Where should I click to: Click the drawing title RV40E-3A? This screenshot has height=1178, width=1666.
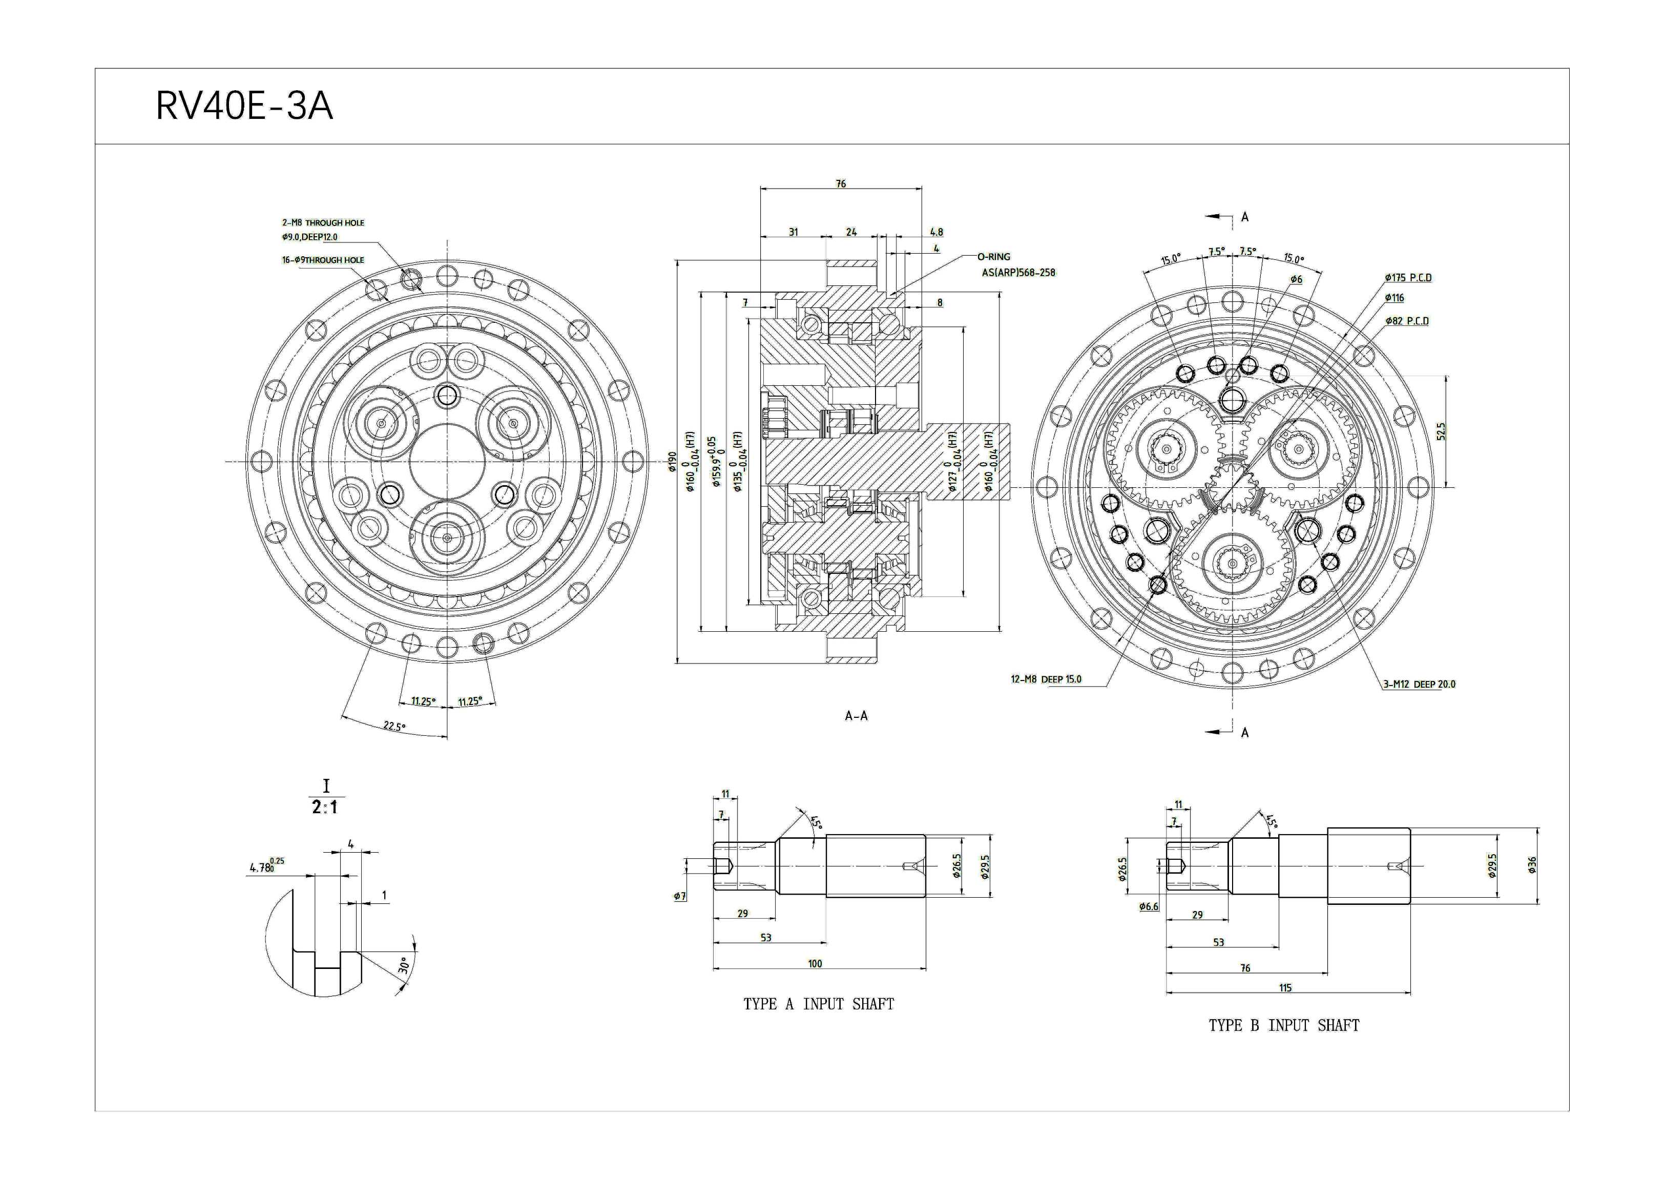[x=244, y=107]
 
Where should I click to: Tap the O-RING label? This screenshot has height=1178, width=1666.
[x=993, y=257]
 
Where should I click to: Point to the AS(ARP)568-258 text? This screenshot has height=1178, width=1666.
[x=1019, y=273]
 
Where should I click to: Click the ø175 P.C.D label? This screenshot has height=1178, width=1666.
[x=1408, y=278]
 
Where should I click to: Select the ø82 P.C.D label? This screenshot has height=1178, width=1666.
[x=1406, y=321]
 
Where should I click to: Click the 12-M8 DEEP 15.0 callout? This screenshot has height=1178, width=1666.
[x=1046, y=679]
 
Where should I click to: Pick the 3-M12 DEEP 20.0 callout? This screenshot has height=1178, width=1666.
[x=1419, y=685]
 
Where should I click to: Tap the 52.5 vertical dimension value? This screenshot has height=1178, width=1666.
[x=1441, y=431]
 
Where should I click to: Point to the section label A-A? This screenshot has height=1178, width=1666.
[x=856, y=716]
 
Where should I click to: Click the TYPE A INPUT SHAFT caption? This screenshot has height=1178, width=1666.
[x=819, y=1004]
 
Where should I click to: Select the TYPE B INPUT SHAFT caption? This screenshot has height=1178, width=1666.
[x=1284, y=1026]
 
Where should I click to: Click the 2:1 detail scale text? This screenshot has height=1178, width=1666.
[x=325, y=807]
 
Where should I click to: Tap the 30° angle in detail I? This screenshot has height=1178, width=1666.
[x=404, y=966]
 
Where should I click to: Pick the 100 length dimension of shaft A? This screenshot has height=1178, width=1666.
[x=815, y=964]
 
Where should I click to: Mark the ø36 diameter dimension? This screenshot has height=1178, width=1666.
[x=1532, y=865]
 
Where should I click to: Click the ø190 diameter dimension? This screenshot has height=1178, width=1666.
[x=672, y=462]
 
